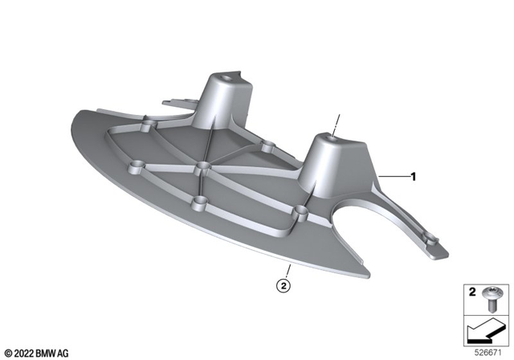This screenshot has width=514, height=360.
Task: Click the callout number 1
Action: (x=414, y=175)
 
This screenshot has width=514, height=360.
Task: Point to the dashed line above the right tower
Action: (x=337, y=125)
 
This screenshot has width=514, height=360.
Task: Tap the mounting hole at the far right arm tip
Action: (x=430, y=239)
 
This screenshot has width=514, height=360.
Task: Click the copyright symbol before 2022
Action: (x=7, y=353)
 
